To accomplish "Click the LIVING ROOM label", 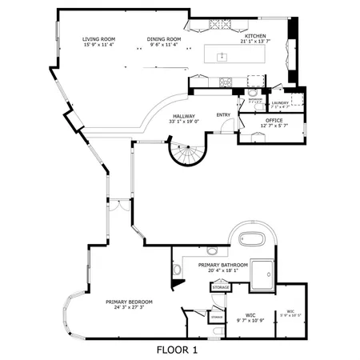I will [99, 38].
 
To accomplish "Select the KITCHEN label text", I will [255, 36].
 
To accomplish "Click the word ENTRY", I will [224, 114].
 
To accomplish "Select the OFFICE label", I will [274, 120].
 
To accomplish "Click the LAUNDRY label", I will [280, 102].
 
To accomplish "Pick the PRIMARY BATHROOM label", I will [222, 265].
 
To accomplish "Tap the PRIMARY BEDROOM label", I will [129, 302].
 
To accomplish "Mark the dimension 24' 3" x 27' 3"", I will [129, 308].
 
